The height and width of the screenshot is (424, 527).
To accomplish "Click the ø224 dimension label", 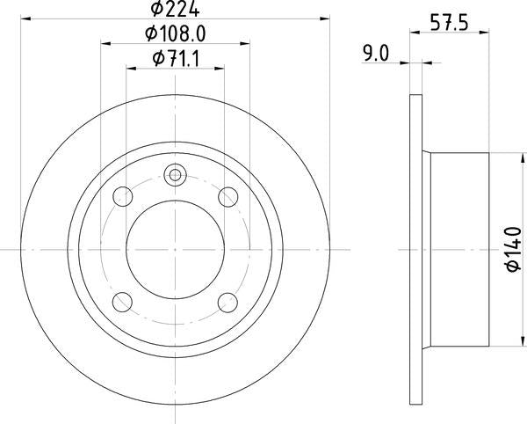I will (x=174, y=10).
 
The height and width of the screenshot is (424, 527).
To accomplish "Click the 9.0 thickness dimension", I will (x=376, y=53).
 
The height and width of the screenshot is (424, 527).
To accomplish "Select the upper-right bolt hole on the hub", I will (x=228, y=195).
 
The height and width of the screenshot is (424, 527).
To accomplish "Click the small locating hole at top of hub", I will (x=175, y=176).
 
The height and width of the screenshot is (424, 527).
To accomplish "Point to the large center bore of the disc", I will (x=175, y=249).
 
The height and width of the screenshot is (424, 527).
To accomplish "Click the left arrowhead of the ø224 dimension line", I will (x=24, y=17).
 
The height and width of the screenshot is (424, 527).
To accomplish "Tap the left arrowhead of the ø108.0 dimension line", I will (x=105, y=41).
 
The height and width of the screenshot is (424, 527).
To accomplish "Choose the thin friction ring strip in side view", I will (x=416, y=249).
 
